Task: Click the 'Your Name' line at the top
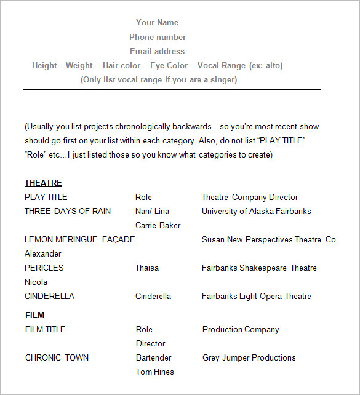157,22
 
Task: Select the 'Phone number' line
158,37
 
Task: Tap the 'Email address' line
157,51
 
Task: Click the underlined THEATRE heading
43,183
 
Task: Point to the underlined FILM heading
34,315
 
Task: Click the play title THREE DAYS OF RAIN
68,211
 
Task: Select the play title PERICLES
44,268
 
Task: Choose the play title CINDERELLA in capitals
49,296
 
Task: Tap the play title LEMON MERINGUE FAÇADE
79,239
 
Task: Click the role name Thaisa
147,268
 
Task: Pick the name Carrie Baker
158,225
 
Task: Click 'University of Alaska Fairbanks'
257,211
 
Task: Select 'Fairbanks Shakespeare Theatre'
259,268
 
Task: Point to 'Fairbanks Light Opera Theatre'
257,296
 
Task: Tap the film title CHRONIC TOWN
57,357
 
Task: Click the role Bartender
154,357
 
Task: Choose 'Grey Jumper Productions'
249,357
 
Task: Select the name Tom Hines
155,372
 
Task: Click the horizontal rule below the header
172,89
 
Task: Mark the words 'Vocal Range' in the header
222,65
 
